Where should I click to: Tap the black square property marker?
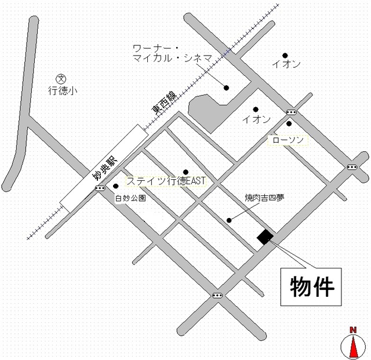point(265,237)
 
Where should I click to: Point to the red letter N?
point(352,330)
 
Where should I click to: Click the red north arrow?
point(352,347)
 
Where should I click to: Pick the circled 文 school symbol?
point(60,78)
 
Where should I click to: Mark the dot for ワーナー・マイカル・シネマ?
point(227,88)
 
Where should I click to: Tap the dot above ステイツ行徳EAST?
point(185,171)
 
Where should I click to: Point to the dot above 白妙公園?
point(116,186)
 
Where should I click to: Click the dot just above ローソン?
point(289,123)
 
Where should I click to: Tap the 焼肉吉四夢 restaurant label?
point(264,198)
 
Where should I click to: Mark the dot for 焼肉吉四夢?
point(229,220)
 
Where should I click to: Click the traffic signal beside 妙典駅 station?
point(100,188)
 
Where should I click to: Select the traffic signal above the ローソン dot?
point(291,112)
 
